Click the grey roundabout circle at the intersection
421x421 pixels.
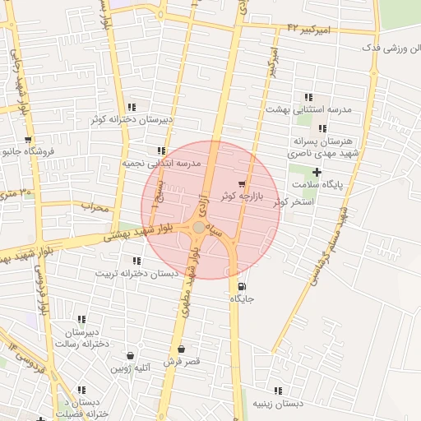[x=199, y=227]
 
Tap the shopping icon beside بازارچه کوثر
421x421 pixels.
[x=241, y=184]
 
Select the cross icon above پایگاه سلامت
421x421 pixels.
[x=317, y=172]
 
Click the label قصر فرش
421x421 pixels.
[x=182, y=362]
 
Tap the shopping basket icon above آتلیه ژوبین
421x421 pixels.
[x=131, y=356]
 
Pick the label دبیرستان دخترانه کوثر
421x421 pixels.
[x=132, y=119]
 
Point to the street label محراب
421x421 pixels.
[x=95, y=207]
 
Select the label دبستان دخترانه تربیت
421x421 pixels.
[x=132, y=272]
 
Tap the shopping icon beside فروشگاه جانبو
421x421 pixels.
[x=30, y=140]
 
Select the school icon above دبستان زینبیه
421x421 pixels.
[x=278, y=391]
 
